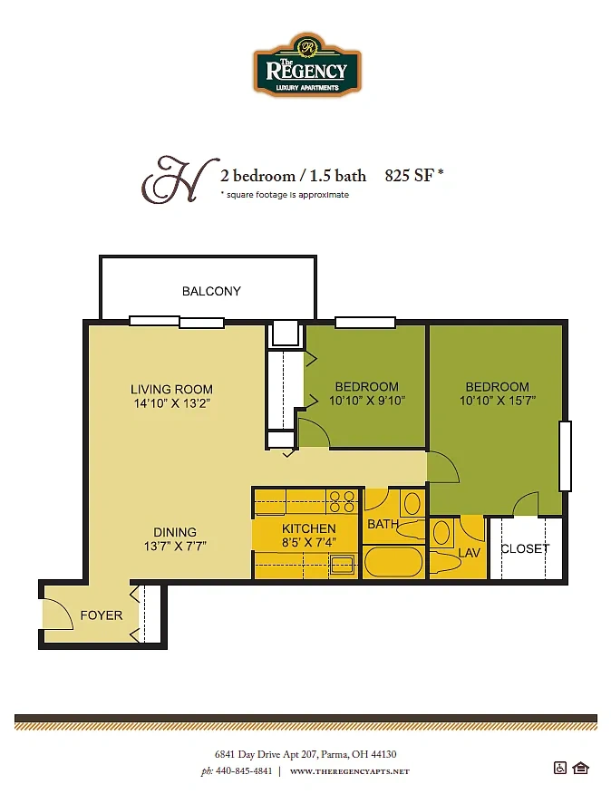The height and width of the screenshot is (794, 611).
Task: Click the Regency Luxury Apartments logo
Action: (x=307, y=64)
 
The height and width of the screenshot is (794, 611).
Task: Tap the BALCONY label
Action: (x=211, y=291)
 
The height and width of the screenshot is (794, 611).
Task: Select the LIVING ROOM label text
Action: (x=171, y=390)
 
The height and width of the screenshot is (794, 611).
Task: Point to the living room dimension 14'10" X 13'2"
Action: (x=171, y=403)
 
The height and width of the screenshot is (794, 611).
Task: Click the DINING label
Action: (x=175, y=532)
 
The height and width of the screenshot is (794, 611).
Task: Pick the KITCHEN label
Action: (x=308, y=528)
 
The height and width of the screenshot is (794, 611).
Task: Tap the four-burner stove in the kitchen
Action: (x=343, y=501)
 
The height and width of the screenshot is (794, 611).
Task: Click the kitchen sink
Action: (x=343, y=564)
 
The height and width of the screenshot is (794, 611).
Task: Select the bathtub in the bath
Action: (x=393, y=561)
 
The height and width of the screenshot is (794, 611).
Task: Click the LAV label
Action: (x=469, y=553)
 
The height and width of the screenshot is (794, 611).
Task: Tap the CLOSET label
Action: (x=525, y=549)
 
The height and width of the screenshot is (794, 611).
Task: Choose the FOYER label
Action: (x=102, y=615)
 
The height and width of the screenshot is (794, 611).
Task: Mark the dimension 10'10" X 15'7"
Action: (x=498, y=401)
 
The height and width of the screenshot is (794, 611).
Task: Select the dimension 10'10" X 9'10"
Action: (x=367, y=401)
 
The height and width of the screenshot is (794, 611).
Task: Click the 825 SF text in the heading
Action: (x=410, y=175)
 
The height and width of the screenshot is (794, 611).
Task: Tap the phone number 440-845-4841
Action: (x=244, y=771)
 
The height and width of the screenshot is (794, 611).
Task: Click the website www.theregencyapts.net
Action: (x=350, y=771)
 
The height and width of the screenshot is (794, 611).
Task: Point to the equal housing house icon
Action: (x=580, y=769)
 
